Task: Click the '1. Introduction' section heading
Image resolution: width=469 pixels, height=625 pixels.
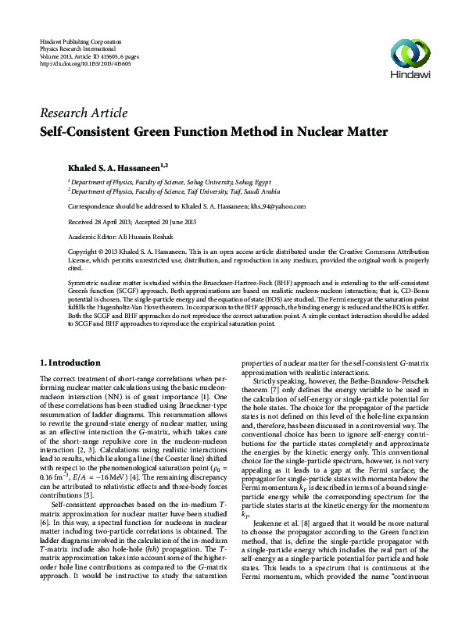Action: click(70, 362)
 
